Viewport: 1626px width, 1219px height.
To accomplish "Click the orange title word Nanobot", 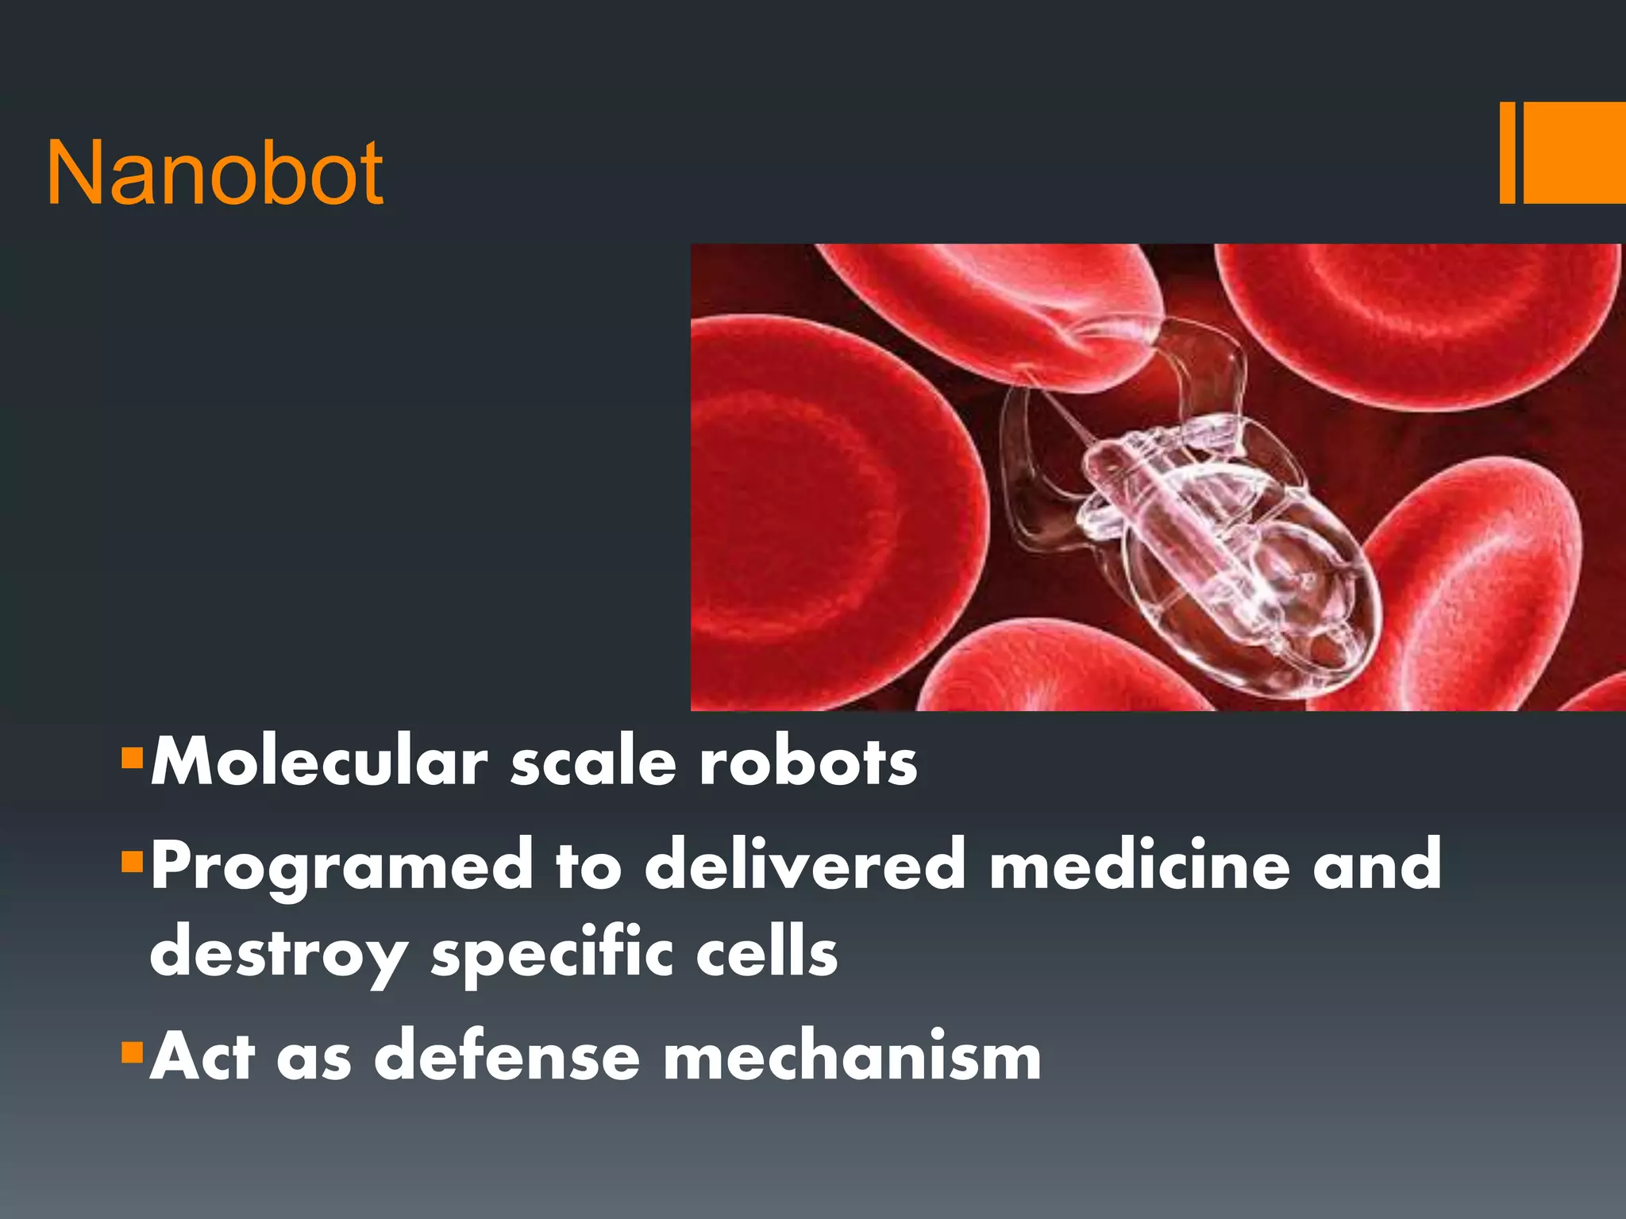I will point(214,172).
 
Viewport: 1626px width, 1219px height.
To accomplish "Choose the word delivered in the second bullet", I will point(805,865).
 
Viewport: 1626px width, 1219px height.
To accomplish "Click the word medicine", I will point(1140,865).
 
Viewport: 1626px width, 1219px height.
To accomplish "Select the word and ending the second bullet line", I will point(1377,865).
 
